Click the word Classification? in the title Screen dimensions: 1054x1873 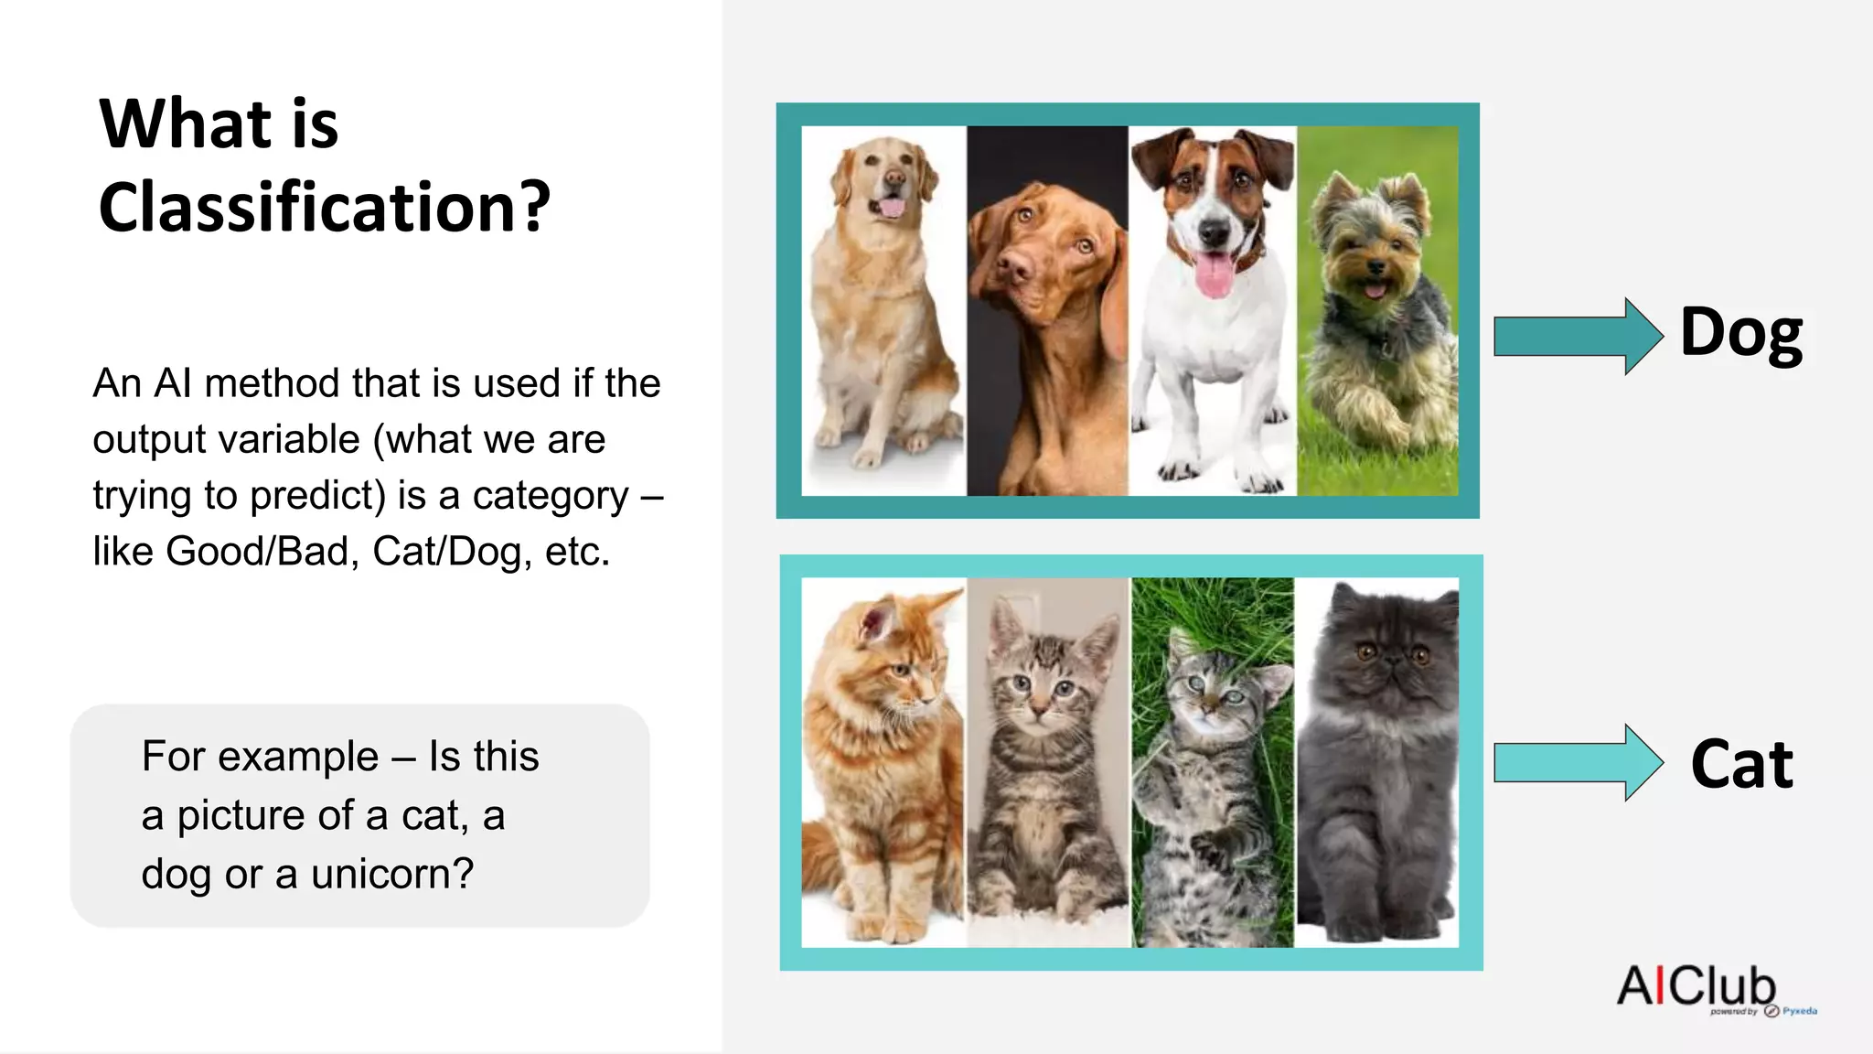(x=325, y=208)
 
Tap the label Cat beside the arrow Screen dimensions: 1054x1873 (x=1741, y=764)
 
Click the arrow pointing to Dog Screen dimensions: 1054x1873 (x=1577, y=336)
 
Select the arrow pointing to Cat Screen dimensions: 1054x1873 (x=1577, y=763)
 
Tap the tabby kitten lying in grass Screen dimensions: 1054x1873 (x=1212, y=778)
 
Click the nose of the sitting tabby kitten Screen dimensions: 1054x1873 (x=1040, y=706)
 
